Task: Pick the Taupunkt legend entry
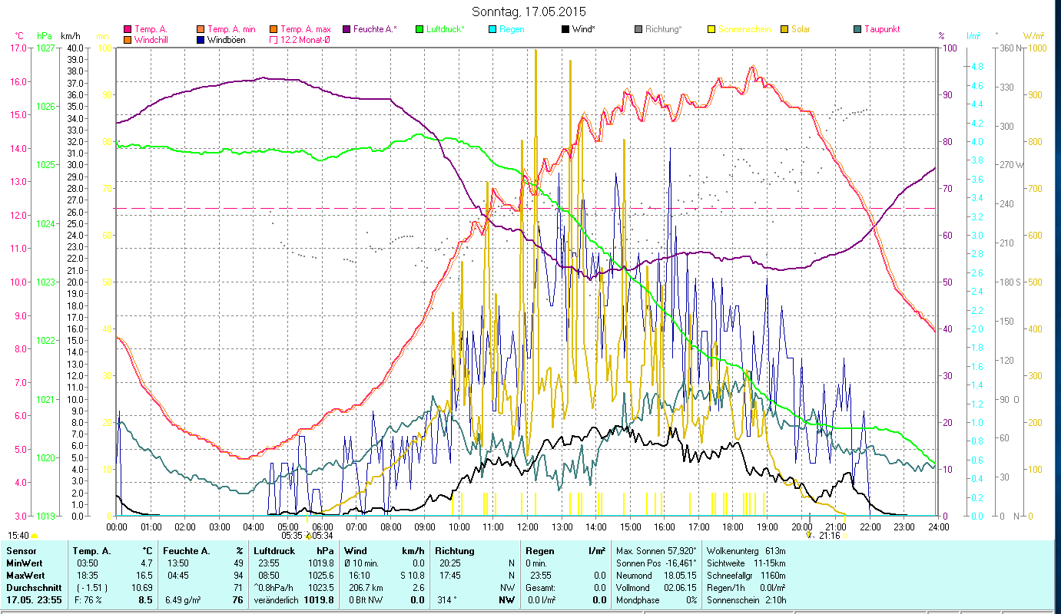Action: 881,29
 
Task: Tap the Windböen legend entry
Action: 227,39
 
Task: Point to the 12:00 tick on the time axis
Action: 528,527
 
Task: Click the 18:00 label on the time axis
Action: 733,527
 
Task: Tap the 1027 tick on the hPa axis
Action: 46,48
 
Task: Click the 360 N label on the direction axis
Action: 1010,48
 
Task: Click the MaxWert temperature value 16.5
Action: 144,575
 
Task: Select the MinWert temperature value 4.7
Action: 146,563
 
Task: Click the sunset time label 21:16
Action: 829,536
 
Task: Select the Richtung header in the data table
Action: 454,551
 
